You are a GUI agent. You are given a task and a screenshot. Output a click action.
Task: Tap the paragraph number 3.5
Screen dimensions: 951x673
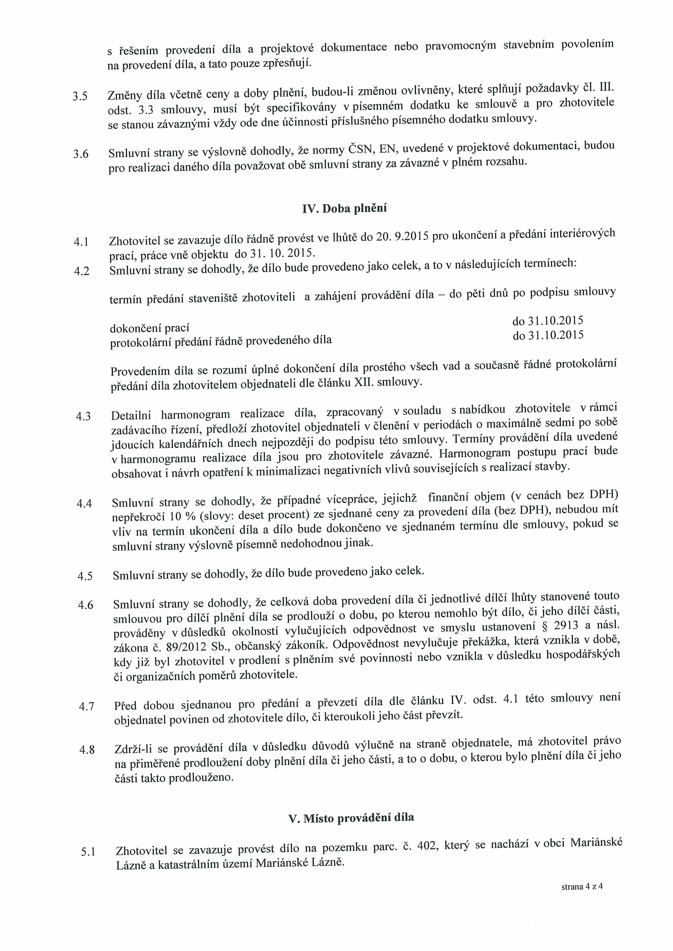click(x=80, y=97)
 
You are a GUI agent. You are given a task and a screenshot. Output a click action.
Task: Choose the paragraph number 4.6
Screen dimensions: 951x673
click(x=85, y=605)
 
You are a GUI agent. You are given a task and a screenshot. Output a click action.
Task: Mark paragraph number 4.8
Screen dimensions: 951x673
click(x=87, y=750)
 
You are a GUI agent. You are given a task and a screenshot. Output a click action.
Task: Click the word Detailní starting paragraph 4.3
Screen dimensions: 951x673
click(x=131, y=415)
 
